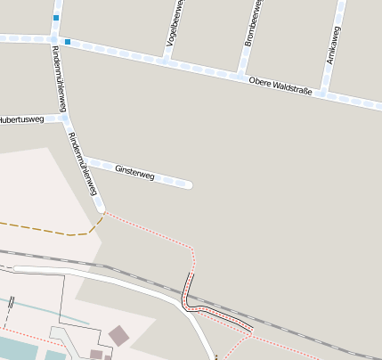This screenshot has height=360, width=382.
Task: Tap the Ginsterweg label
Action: pos(135,172)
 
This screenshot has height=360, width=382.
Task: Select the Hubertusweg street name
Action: pos(21,119)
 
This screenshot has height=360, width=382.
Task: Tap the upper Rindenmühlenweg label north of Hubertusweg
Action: pos(61,75)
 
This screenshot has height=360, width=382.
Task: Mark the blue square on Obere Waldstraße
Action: pos(68,41)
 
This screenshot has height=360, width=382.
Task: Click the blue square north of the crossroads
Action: pos(56,18)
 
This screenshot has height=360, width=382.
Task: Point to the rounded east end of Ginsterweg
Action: pos(188,184)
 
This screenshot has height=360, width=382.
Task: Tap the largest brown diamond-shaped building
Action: pos(118,335)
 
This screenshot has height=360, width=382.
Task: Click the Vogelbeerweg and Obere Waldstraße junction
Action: pos(166,61)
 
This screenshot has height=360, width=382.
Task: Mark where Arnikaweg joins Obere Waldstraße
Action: pos(324,92)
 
